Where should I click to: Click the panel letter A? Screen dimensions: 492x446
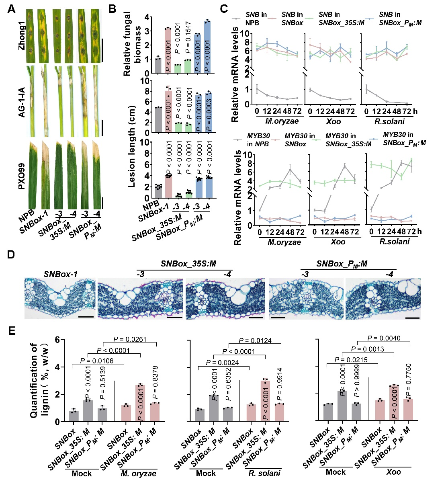click(11, 8)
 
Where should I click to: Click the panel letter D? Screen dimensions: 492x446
click(11, 255)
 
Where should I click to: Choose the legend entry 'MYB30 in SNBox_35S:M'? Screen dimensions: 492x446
click(348, 140)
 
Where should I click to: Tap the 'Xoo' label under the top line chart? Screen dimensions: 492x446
click(333, 121)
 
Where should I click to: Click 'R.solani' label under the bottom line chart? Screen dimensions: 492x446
click(394, 241)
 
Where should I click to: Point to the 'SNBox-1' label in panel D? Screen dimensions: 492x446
click(60, 274)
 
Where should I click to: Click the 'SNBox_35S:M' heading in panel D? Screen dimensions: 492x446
click(188, 264)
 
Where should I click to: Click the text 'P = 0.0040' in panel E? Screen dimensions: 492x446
click(384, 338)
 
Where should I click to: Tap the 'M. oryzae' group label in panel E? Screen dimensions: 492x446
click(138, 474)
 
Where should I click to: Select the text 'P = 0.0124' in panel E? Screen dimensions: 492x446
click(255, 341)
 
